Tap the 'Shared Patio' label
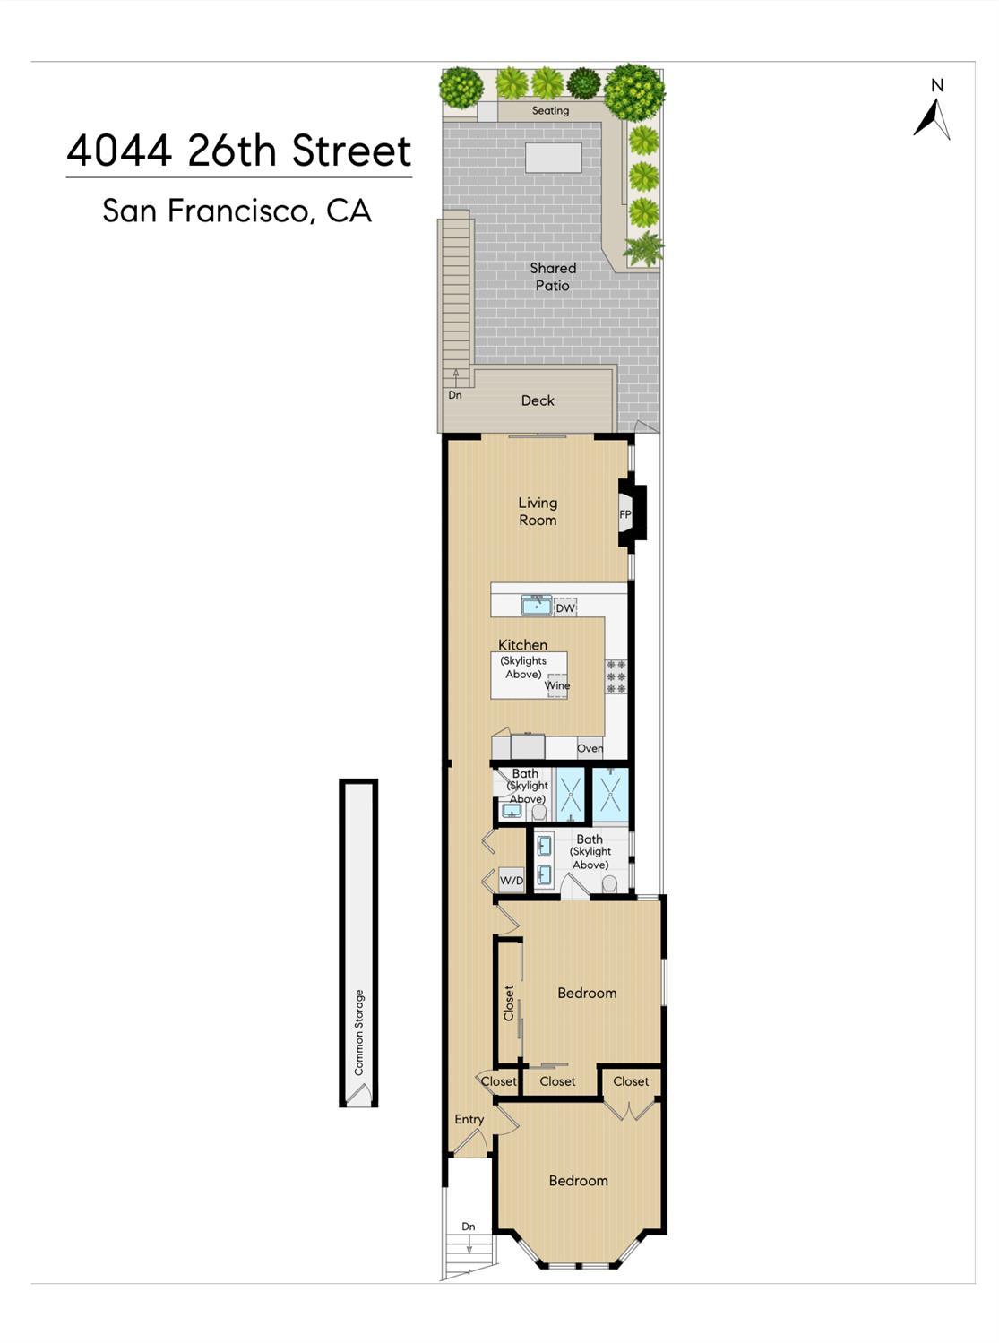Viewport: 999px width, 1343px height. point(553,277)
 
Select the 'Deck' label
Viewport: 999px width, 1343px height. point(538,400)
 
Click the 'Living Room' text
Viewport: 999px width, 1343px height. point(538,512)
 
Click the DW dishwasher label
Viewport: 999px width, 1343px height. point(564,608)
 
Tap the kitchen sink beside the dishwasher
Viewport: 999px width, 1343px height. point(537,606)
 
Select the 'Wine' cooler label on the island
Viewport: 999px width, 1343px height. point(557,685)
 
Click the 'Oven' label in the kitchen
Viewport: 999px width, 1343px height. point(590,748)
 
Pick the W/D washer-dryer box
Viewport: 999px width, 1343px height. point(512,881)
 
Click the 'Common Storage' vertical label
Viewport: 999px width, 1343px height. point(359,1032)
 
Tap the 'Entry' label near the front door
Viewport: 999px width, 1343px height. point(469,1119)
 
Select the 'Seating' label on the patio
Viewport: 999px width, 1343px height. point(550,111)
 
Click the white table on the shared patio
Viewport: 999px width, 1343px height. point(553,158)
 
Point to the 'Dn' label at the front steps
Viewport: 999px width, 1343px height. point(469,1227)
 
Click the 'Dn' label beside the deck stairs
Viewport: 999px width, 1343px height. point(455,395)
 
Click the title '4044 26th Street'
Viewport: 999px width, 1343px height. point(239,151)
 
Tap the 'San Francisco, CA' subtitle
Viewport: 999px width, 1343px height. point(237,211)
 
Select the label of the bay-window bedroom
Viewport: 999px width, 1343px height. point(578,1181)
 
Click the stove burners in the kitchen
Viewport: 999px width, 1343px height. point(616,676)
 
